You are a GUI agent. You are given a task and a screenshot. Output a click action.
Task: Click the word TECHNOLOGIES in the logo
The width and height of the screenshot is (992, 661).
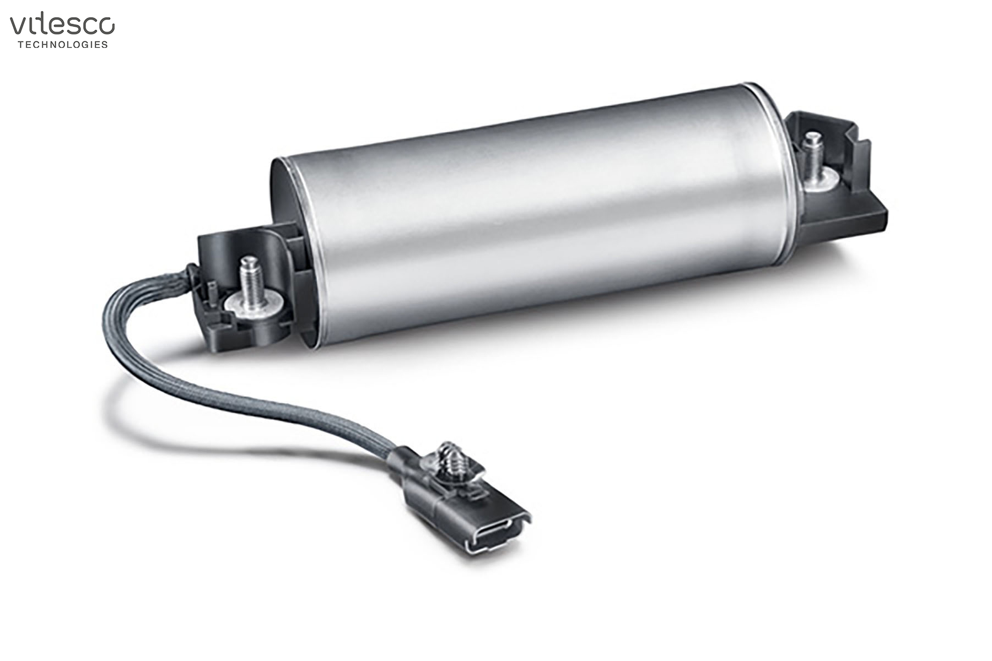63,45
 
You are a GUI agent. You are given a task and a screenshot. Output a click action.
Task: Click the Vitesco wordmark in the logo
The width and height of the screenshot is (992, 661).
62,25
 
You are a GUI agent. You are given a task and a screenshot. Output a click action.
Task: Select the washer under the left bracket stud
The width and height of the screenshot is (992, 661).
255,304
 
